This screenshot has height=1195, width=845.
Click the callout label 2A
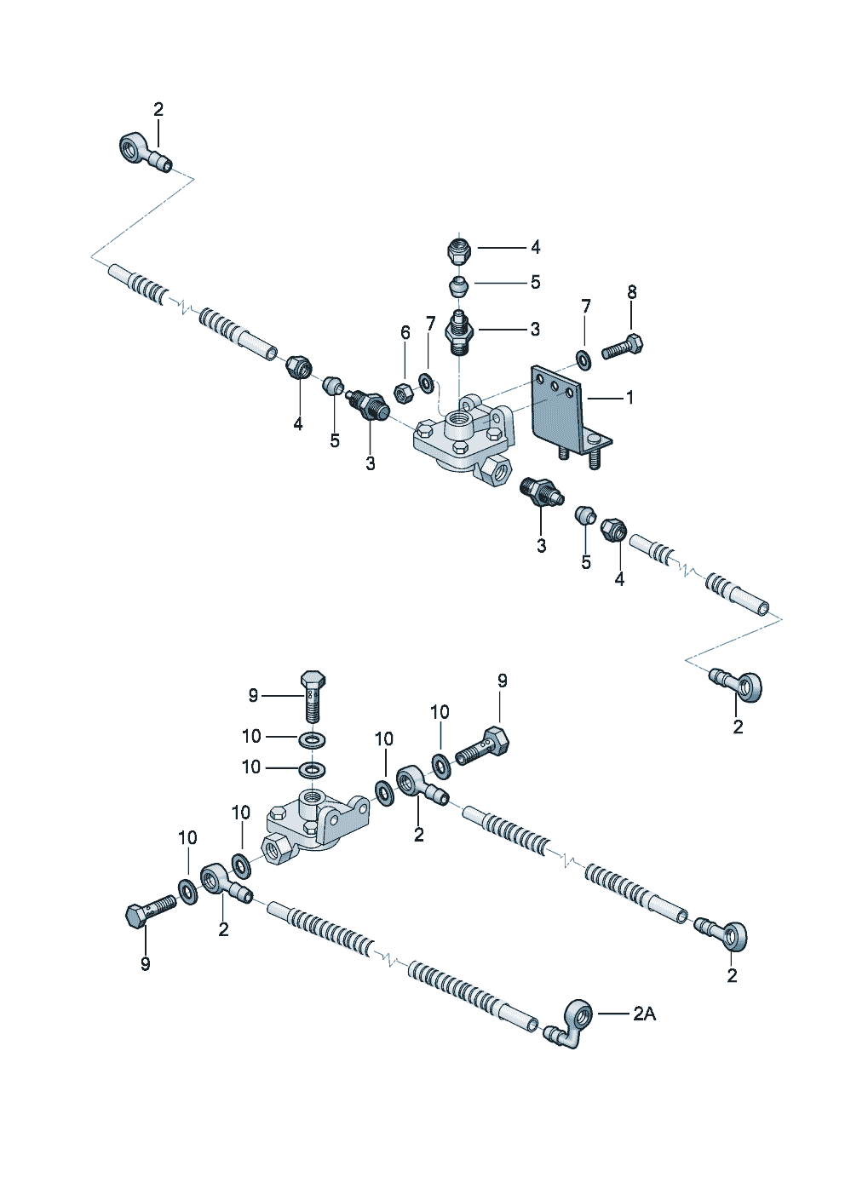tap(644, 1014)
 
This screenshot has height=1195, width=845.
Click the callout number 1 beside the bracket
tap(629, 397)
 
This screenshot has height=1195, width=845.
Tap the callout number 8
tap(632, 292)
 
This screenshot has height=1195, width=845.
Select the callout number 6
tap(405, 332)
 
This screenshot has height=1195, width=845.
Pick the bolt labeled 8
tap(624, 348)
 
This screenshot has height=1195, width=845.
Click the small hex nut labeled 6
tap(405, 392)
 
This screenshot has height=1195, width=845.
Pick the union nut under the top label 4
tap(459, 250)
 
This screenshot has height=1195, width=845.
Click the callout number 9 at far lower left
tap(146, 963)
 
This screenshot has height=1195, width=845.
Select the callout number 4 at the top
tap(535, 247)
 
